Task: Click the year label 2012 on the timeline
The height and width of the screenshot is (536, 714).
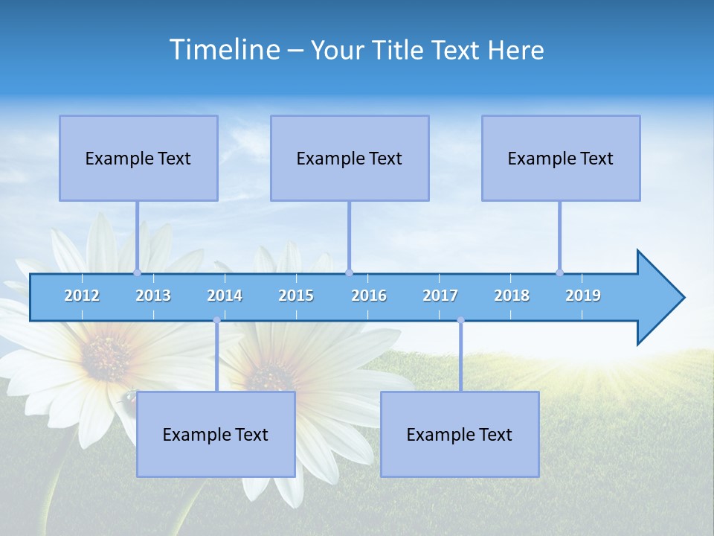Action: (x=82, y=296)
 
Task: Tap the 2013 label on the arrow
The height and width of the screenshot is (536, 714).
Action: (x=153, y=296)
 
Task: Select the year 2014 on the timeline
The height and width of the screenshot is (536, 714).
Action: (x=225, y=296)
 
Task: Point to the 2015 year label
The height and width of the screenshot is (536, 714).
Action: (x=296, y=296)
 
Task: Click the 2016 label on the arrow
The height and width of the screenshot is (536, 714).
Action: (x=369, y=296)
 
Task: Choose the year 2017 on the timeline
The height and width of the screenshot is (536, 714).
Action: (x=440, y=296)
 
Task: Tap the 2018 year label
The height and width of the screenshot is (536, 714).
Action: (x=512, y=296)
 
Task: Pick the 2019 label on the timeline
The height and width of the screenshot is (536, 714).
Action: (x=583, y=296)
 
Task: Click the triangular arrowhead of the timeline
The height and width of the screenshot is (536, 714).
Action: (x=658, y=298)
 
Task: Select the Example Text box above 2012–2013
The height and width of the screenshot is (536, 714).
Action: (x=138, y=158)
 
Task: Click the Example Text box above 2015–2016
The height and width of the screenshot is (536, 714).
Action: (x=350, y=158)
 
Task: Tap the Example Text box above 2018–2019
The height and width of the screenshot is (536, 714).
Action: (x=561, y=158)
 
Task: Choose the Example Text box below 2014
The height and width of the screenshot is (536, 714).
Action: (x=216, y=434)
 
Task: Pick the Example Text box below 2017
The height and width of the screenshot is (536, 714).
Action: (x=460, y=434)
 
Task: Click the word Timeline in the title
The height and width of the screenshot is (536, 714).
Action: (x=224, y=49)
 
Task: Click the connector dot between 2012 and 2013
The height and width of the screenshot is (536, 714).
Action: (x=137, y=272)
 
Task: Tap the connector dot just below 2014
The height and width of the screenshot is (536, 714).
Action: (x=217, y=320)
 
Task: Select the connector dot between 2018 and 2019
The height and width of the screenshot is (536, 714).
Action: (x=559, y=272)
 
